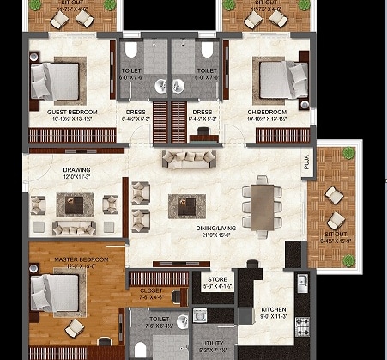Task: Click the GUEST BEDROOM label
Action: (71, 112)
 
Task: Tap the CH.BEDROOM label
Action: (268, 112)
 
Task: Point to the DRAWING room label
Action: (76, 170)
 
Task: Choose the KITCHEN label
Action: (274, 309)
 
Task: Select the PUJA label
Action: (305, 163)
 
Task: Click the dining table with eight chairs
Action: (258, 203)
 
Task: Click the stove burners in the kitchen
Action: (301, 325)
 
